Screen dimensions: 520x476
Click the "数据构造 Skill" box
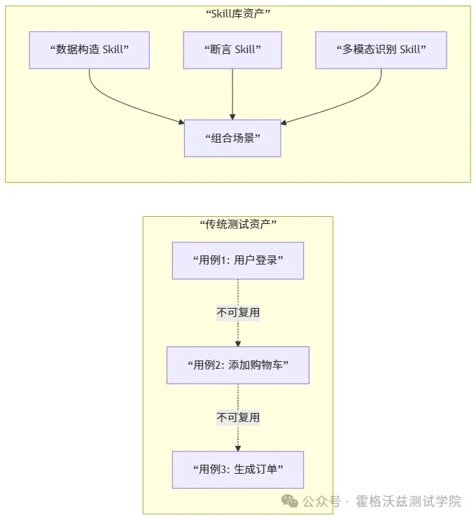(x=90, y=50)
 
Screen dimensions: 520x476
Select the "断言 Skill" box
(x=232, y=50)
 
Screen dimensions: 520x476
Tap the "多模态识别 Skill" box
(x=381, y=50)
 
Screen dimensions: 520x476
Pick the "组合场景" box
(x=232, y=138)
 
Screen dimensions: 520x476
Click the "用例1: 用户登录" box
(x=238, y=260)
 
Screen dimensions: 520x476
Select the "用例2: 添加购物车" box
(x=238, y=365)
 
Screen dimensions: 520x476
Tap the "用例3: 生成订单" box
(x=238, y=469)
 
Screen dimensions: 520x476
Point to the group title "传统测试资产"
(x=238, y=224)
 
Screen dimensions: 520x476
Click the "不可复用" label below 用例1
(x=238, y=313)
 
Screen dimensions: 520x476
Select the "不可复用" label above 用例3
(x=238, y=417)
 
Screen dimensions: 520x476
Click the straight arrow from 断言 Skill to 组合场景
(x=232, y=91)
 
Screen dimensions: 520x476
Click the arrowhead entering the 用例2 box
(x=238, y=343)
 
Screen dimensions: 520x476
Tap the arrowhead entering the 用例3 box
(x=238, y=448)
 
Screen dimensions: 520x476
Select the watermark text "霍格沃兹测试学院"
(x=409, y=502)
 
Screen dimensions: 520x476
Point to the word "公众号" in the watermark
(x=321, y=502)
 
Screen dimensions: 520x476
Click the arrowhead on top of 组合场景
(x=232, y=116)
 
